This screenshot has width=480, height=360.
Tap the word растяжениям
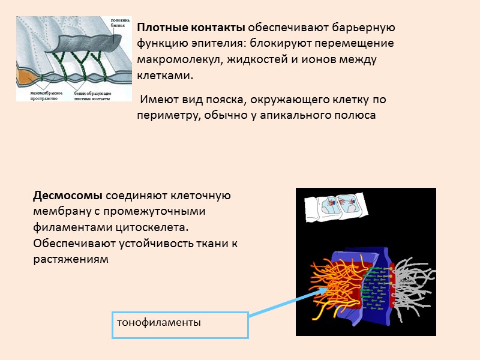coord(71,259)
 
